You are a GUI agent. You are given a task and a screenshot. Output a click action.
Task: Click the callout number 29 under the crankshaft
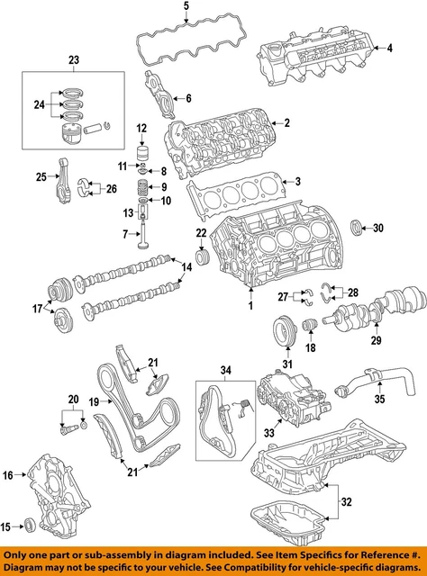(x=377, y=341)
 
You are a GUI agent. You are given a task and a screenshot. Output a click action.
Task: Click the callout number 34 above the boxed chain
(x=225, y=371)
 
